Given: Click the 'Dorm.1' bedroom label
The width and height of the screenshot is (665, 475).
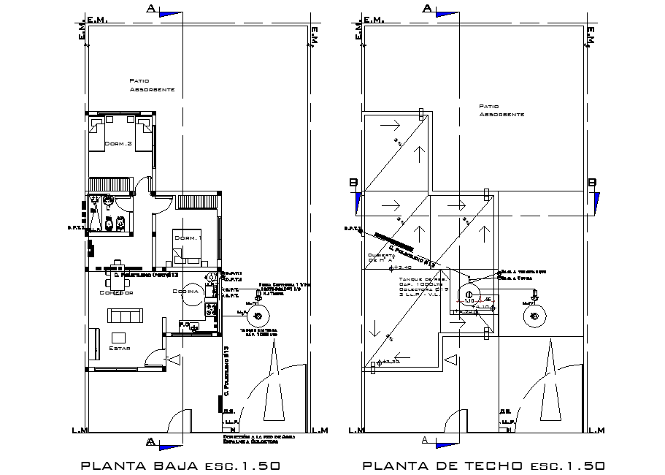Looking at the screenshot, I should pos(188,237).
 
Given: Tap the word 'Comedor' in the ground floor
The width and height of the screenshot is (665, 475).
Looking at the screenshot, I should pos(115,292).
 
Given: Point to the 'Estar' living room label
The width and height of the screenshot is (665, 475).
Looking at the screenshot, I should pos(118,349).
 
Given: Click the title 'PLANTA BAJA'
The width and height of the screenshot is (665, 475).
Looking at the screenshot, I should pos(139,465).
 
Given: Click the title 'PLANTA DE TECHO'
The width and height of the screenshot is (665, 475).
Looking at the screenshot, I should pos(442,465).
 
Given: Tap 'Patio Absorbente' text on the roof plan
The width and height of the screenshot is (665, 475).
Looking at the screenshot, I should pos(501,110).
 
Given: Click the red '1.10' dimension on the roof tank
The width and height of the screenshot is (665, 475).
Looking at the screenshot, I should pos(469,300).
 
